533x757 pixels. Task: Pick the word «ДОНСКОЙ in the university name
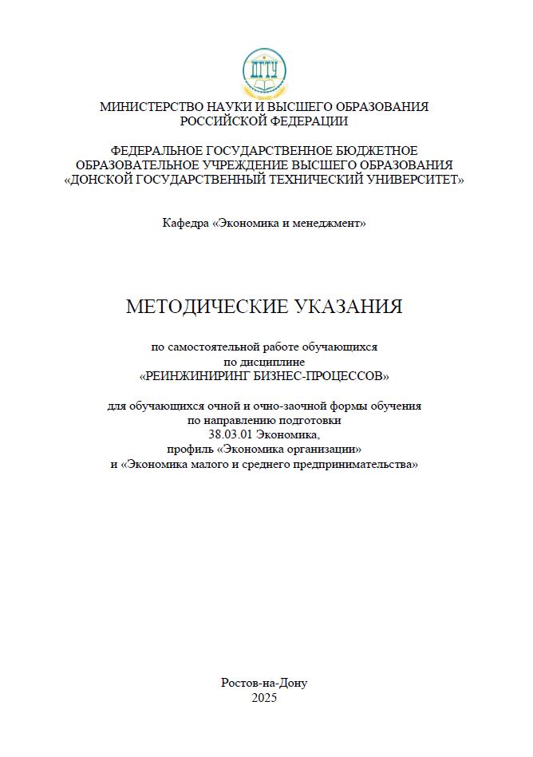tap(100, 180)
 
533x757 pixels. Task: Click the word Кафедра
tap(185, 224)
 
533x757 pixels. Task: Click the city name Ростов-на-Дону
tap(263, 684)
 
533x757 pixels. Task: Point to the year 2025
tap(263, 698)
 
